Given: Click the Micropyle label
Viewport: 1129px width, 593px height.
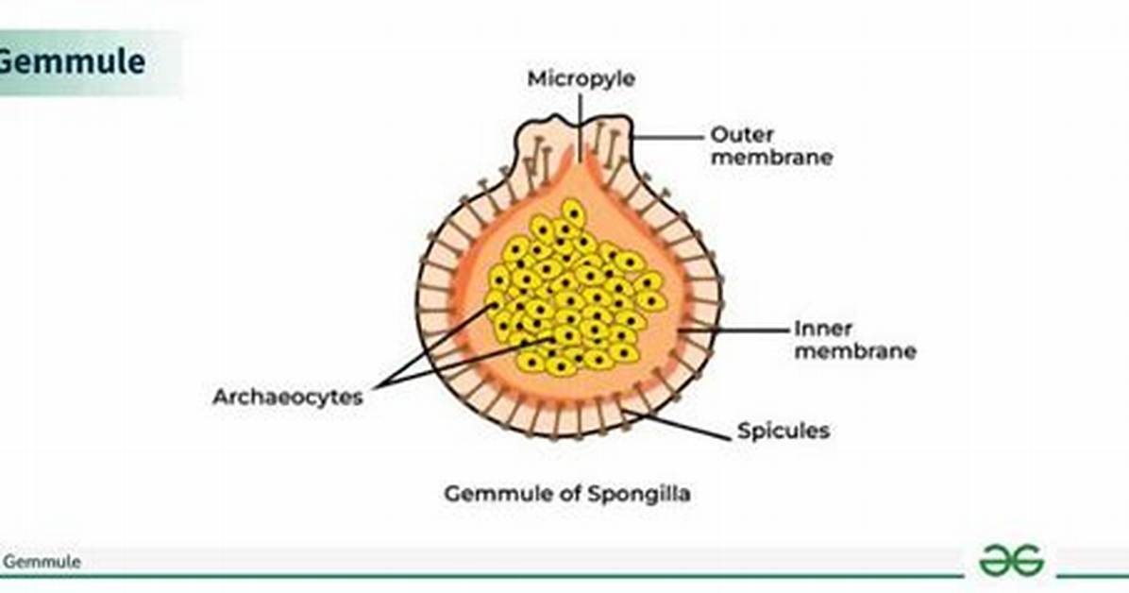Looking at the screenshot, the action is pos(581,78).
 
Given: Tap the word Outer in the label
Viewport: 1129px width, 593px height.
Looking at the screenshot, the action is pos(742,135).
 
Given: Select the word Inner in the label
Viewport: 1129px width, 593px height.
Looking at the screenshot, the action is pos(823,329).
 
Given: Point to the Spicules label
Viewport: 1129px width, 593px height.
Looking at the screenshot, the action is pos(784,431).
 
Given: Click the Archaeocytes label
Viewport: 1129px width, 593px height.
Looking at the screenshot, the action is pos(287,397).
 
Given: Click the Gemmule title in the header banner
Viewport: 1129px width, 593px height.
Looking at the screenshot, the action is pos(71,61).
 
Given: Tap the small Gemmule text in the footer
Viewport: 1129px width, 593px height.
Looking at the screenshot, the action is pos(42,562).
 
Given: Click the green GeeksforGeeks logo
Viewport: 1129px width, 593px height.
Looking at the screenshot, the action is pos(1011,560).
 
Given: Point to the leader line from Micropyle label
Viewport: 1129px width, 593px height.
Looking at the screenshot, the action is pos(581,127).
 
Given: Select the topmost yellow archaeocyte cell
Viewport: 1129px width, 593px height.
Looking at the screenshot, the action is pos(572,213).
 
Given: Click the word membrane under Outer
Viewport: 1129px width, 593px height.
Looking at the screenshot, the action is pos(772,157).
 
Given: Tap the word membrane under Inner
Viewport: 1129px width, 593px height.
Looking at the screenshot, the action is pos(855,351).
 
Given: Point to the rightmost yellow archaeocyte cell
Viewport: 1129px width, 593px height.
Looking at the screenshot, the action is pos(651,301).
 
